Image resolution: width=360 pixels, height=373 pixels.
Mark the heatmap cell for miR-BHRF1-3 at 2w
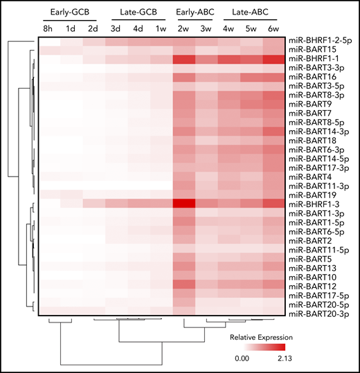184,203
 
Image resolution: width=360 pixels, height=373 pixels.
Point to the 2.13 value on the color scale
284,360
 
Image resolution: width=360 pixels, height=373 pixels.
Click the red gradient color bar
262,348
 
